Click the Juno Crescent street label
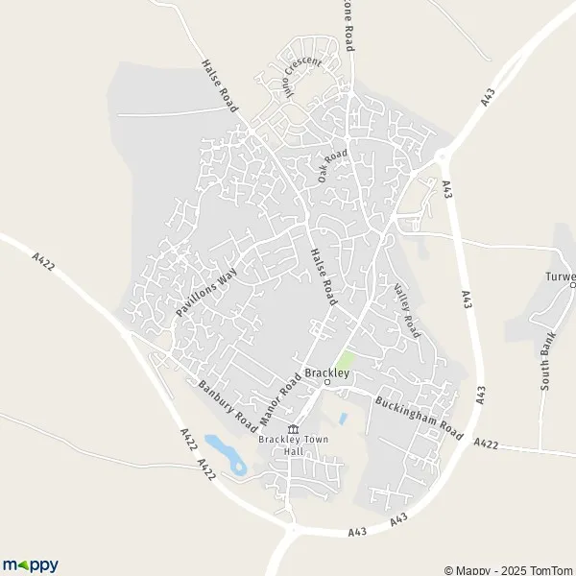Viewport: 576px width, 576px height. pyautogui.click(x=301, y=76)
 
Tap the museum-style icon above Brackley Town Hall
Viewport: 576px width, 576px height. pyautogui.click(x=294, y=428)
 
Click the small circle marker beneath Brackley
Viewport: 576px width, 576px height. pyautogui.click(x=326, y=383)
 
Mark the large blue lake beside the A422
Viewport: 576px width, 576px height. pyautogui.click(x=226, y=454)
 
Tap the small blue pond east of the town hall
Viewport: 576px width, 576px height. pyautogui.click(x=343, y=419)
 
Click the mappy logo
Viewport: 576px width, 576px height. pyautogui.click(x=30, y=564)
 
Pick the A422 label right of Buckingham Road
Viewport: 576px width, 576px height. pyautogui.click(x=488, y=443)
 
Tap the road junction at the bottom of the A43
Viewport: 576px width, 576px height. pyautogui.click(x=293, y=530)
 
